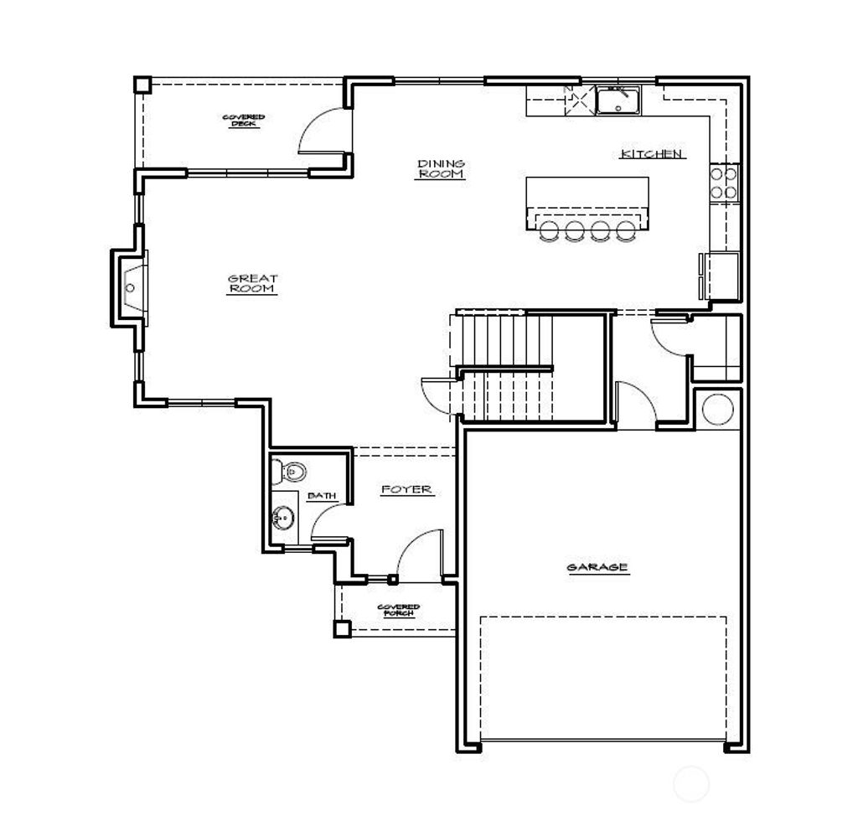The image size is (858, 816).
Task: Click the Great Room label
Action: pos(252,284)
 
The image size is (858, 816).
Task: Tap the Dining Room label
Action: pos(442,168)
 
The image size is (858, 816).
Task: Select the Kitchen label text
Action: pos(653,154)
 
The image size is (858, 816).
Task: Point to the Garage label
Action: pos(597,567)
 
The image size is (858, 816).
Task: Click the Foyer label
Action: pos(406,489)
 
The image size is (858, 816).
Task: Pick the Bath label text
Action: pos(322,496)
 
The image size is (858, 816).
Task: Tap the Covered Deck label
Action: pos(244,121)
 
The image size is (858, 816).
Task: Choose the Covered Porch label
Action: pos(398,611)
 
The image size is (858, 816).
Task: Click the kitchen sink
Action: pos(618,100)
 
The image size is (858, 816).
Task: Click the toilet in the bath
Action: pos(286,473)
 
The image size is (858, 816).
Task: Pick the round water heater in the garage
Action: pos(717,409)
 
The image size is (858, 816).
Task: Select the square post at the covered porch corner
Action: pos(341,628)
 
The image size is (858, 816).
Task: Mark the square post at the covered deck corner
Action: pos(142,85)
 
